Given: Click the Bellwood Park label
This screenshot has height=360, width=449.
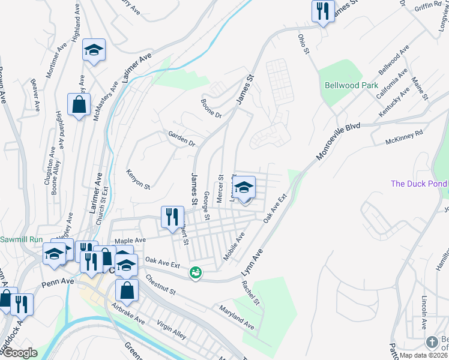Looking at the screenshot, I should tap(351, 85).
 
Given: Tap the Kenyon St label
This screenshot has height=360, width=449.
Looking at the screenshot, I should tap(138, 178).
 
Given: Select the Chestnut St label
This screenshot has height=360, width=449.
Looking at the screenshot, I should tap(159, 286).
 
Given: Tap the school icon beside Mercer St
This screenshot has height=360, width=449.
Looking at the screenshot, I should tap(244, 188).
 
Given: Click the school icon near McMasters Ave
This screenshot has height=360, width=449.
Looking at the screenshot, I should tap(94, 50).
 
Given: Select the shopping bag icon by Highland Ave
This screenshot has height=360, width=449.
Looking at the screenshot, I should tap(79, 106).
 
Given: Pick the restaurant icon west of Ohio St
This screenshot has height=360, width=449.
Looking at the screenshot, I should tap(323, 11).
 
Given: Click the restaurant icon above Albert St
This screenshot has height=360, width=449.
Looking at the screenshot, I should tap(172, 217).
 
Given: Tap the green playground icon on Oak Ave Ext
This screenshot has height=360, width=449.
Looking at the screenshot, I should tap(195, 272).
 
